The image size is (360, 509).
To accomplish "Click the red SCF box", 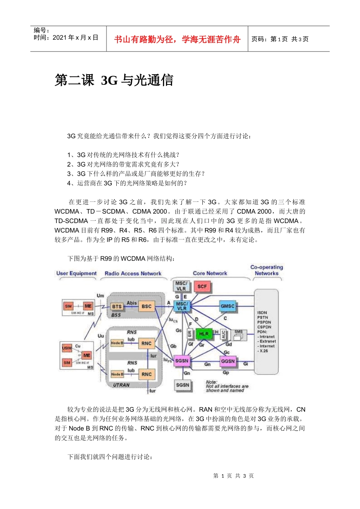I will [202, 287].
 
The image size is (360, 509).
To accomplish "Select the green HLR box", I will [204, 334].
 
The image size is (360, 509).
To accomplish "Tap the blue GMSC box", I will [228, 306].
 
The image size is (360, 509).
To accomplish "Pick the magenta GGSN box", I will [228, 361].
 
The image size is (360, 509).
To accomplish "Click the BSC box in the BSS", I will [147, 306].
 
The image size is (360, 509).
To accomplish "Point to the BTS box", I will [117, 307].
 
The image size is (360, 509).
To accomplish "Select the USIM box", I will [67, 348].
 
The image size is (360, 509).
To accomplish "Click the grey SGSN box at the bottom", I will [182, 385].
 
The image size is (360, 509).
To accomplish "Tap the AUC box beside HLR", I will [224, 334].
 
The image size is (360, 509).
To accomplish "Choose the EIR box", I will [190, 334].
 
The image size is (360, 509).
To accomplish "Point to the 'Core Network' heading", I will [210, 273].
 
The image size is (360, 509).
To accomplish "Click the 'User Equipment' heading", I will [77, 273].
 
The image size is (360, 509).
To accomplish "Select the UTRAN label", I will [121, 385].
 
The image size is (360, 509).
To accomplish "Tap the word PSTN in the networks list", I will [262, 317].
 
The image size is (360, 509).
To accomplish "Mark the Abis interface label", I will [131, 303].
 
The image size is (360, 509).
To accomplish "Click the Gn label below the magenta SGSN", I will [187, 373].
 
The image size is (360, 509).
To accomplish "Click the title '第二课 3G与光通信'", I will [114, 80].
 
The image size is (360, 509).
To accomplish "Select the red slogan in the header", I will [177, 39].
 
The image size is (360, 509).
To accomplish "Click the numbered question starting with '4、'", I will [127, 183].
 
